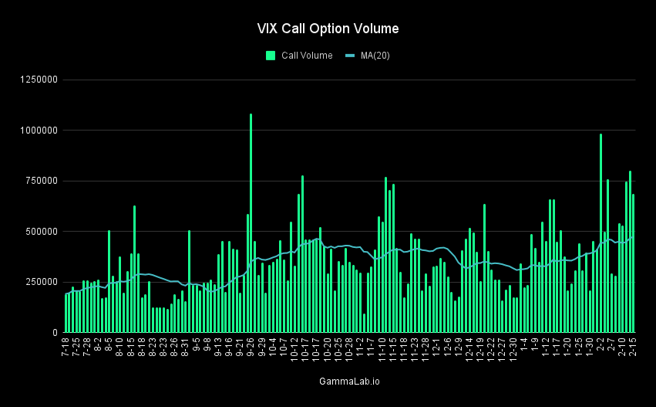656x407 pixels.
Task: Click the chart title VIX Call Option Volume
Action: tap(328, 29)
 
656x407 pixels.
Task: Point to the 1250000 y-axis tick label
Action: tap(38, 80)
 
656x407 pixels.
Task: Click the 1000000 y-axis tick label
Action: tap(38, 131)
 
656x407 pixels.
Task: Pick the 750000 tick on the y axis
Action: tap(41, 181)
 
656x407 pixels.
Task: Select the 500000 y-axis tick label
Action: tap(41, 232)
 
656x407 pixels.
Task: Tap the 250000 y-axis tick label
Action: tap(41, 282)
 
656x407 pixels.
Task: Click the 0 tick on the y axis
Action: tap(55, 332)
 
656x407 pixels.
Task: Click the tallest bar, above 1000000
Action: tap(251, 224)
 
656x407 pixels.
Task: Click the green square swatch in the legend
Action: tap(271, 55)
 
